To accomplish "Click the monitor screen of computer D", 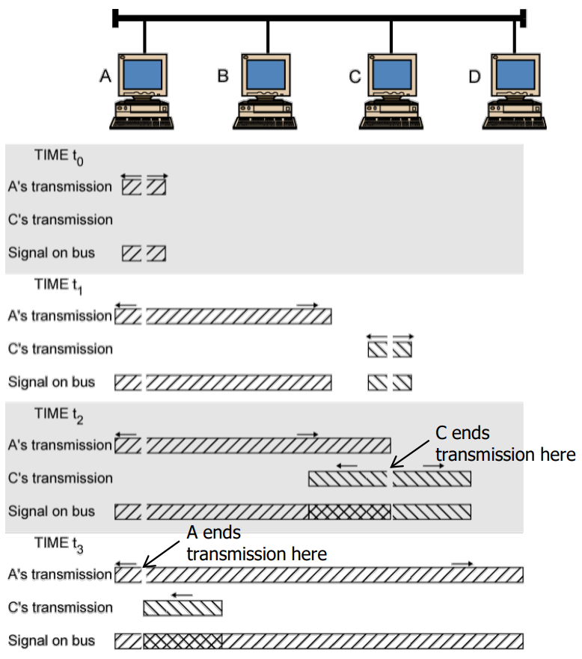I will [515, 73].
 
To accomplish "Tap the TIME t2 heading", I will [60, 413].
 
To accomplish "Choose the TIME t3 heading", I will [59, 543].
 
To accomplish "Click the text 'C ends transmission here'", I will [505, 444].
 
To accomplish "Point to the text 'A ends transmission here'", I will [256, 543].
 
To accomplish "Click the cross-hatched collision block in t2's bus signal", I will [349, 512].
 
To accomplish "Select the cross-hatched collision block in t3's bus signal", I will [183, 641].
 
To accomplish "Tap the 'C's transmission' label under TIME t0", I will [60, 220].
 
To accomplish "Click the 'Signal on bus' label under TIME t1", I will [52, 382].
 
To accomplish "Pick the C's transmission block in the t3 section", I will [183, 607].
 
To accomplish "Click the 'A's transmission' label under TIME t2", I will [60, 445].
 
